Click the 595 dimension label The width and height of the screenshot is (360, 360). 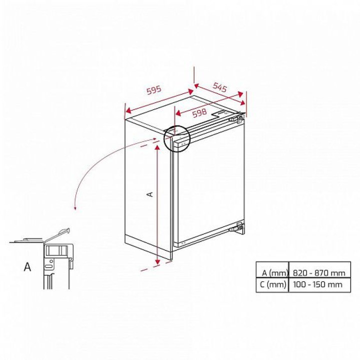coord(154,90)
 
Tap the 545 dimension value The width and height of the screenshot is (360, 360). coord(220,87)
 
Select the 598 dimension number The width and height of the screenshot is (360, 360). coord(199,113)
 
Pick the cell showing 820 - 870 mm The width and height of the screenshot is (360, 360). coord(319,273)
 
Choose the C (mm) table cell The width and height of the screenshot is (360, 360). coord(273,284)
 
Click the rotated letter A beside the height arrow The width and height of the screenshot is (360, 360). coord(149,194)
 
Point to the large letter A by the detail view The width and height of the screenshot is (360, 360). coord(27,267)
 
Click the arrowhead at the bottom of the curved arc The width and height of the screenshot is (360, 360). coord(75,208)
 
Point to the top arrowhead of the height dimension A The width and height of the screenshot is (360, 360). coord(157,148)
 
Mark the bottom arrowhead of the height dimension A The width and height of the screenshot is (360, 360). coord(157,261)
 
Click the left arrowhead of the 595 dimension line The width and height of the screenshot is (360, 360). coord(128,110)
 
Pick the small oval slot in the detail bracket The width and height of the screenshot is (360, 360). coord(48,266)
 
